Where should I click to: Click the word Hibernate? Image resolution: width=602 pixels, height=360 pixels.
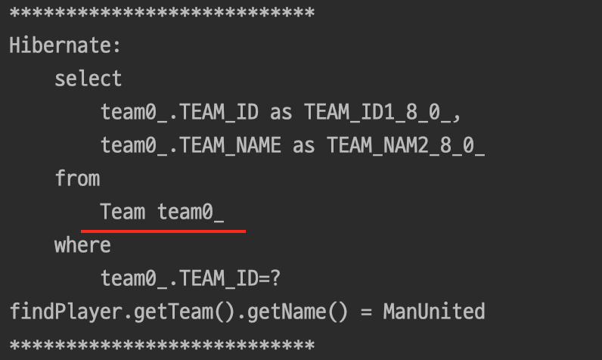click(x=65, y=45)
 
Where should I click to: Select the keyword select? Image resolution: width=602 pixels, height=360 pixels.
click(x=88, y=79)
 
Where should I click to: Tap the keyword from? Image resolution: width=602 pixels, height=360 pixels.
click(x=77, y=178)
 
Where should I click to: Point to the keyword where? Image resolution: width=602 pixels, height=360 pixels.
click(x=82, y=245)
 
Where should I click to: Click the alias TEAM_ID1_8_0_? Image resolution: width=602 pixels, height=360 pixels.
click(x=383, y=112)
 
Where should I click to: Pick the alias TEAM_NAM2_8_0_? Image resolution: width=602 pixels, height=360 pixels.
click(x=405, y=145)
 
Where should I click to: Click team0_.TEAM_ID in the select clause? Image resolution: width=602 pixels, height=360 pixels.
click(x=179, y=112)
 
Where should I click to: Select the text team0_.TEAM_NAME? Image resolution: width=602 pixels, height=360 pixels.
click(x=191, y=145)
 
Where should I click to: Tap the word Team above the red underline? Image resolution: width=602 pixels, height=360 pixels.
click(x=123, y=212)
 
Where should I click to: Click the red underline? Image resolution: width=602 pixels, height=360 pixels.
click(x=163, y=230)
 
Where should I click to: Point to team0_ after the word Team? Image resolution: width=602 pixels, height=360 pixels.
click(x=191, y=212)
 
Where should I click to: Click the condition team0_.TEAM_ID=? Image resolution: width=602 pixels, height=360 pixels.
click(x=191, y=278)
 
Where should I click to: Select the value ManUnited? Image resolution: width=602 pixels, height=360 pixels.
click(x=433, y=312)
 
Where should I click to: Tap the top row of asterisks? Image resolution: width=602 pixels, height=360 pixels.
click(x=162, y=13)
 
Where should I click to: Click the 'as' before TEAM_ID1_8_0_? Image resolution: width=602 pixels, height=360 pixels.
click(x=281, y=112)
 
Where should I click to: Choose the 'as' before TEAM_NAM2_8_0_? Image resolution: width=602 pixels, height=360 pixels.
click(x=304, y=145)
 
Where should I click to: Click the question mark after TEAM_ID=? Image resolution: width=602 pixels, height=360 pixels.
click(x=275, y=278)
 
